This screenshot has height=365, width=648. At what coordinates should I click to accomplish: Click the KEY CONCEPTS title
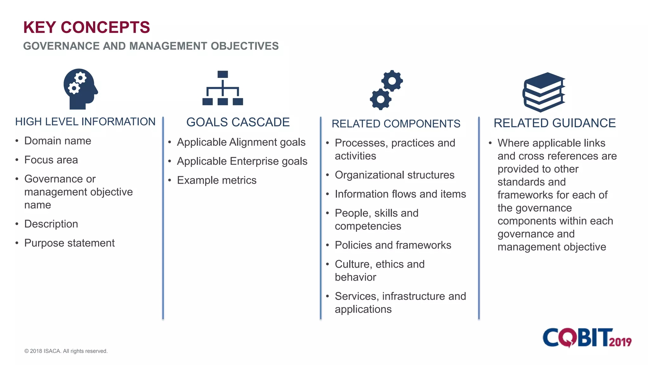coord(86,27)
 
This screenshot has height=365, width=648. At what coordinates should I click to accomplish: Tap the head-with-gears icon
coord(80,89)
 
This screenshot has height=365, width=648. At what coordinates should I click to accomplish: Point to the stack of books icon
coord(544,92)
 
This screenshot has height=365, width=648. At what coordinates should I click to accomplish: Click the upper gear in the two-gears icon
coord(392,81)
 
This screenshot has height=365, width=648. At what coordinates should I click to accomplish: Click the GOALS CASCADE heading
coord(238,122)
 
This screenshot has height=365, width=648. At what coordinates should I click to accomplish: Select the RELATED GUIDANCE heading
coord(554,123)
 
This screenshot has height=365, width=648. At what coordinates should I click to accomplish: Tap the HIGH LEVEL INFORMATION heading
coord(85,122)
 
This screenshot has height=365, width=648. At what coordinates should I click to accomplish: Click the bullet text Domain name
coord(58,141)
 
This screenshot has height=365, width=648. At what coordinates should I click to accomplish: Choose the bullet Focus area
coord(51,160)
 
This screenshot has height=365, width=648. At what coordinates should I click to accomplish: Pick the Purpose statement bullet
coord(69,243)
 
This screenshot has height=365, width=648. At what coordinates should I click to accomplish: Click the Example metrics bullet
coord(216,180)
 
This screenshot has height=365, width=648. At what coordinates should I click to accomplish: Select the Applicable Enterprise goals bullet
coord(242,161)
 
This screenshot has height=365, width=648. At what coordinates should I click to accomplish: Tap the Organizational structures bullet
coord(394,175)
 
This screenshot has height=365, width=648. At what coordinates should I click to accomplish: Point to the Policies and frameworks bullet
coord(393,245)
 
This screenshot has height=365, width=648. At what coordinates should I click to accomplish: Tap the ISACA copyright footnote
coord(66,351)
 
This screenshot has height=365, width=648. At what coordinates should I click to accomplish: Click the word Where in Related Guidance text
coord(513,143)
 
